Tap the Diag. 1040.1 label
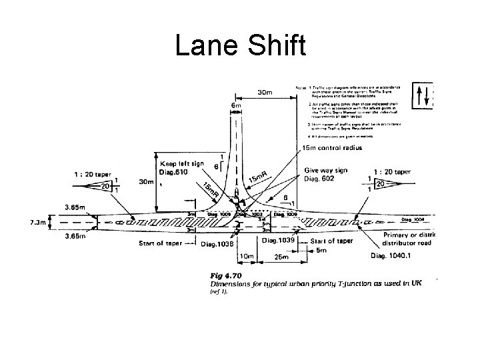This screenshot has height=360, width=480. [x=409, y=256]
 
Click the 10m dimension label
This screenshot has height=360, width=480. [x=247, y=256]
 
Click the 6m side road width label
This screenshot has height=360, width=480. [x=236, y=105]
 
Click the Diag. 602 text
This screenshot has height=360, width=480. [x=319, y=178]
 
